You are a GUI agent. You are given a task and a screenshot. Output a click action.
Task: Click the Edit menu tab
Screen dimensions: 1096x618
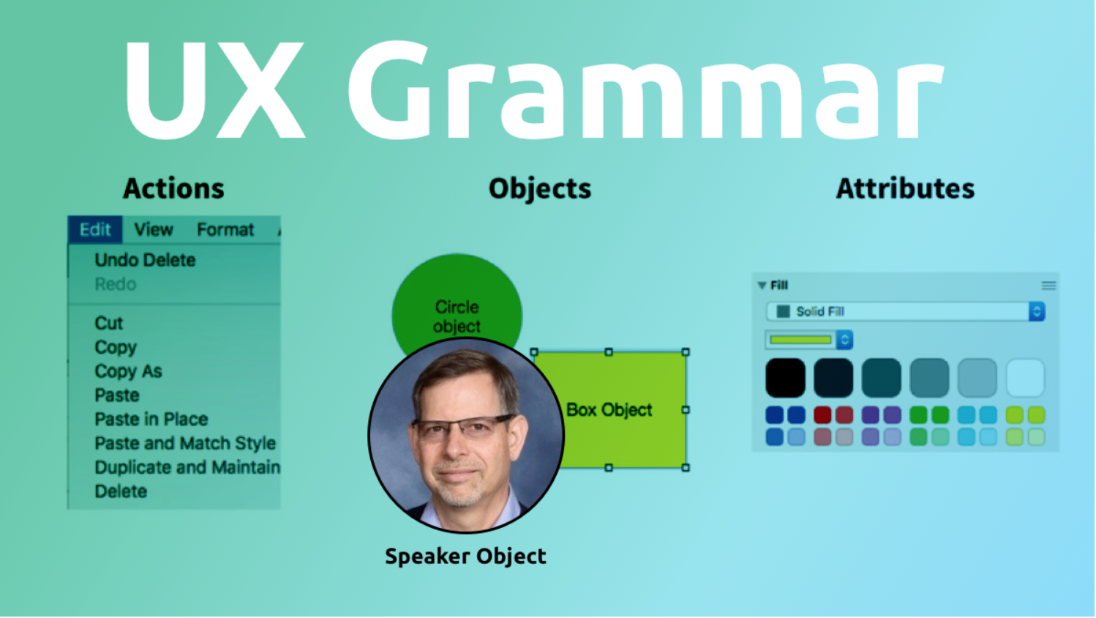(x=95, y=229)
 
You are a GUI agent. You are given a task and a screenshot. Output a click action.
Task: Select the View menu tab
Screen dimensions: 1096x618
(x=154, y=229)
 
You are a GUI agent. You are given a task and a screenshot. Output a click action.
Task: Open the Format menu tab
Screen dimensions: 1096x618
(x=225, y=229)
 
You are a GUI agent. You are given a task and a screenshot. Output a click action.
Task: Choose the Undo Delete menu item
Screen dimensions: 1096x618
(x=145, y=260)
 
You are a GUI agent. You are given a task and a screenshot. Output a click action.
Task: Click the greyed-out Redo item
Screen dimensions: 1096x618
(x=116, y=284)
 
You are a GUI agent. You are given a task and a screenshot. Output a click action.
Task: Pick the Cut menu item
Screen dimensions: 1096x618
(x=108, y=323)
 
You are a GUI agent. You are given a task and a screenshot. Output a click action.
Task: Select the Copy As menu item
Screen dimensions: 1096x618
(x=128, y=371)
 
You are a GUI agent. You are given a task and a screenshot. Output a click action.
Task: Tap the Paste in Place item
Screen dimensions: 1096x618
(x=151, y=419)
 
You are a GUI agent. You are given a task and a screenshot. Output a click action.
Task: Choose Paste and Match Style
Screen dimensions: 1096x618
(x=185, y=443)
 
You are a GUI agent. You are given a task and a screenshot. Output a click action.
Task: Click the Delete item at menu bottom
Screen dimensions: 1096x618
(x=121, y=491)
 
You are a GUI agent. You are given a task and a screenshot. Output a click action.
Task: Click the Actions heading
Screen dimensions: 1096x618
(x=173, y=188)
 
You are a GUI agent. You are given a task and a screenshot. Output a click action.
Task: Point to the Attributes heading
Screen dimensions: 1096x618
(x=905, y=188)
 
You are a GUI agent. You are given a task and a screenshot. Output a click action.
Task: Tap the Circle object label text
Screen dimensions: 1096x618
(x=457, y=316)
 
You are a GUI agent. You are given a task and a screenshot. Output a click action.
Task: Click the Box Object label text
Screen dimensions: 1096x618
(x=609, y=410)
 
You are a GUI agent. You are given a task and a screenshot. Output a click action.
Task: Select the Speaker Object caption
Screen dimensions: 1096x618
(x=465, y=556)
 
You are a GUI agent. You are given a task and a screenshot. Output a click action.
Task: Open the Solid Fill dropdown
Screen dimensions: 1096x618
(x=905, y=311)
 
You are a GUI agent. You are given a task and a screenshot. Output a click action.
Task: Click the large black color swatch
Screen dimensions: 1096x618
(x=785, y=378)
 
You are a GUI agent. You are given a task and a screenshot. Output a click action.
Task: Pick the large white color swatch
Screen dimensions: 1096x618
(x=1025, y=378)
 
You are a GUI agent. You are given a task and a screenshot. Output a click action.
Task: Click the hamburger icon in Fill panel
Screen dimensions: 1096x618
(x=1048, y=286)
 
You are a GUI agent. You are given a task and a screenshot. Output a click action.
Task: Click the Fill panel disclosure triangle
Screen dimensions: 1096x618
(x=762, y=286)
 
